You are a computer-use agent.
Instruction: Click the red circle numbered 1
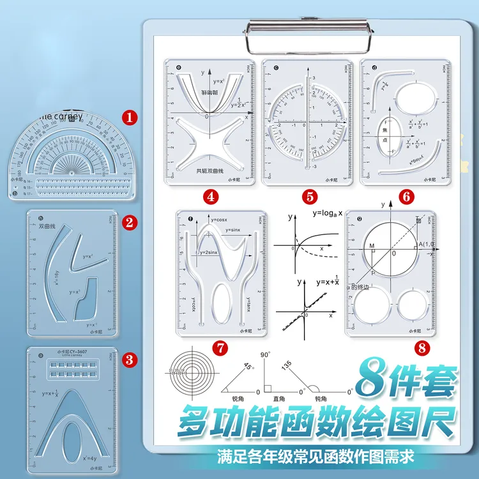click(x=130, y=118)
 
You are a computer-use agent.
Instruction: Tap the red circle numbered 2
click(x=130, y=222)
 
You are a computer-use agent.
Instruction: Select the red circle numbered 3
click(x=130, y=360)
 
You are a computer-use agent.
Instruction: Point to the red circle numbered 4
click(x=210, y=197)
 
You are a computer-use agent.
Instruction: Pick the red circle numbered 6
click(x=406, y=197)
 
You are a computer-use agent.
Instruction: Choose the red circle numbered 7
click(x=220, y=348)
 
